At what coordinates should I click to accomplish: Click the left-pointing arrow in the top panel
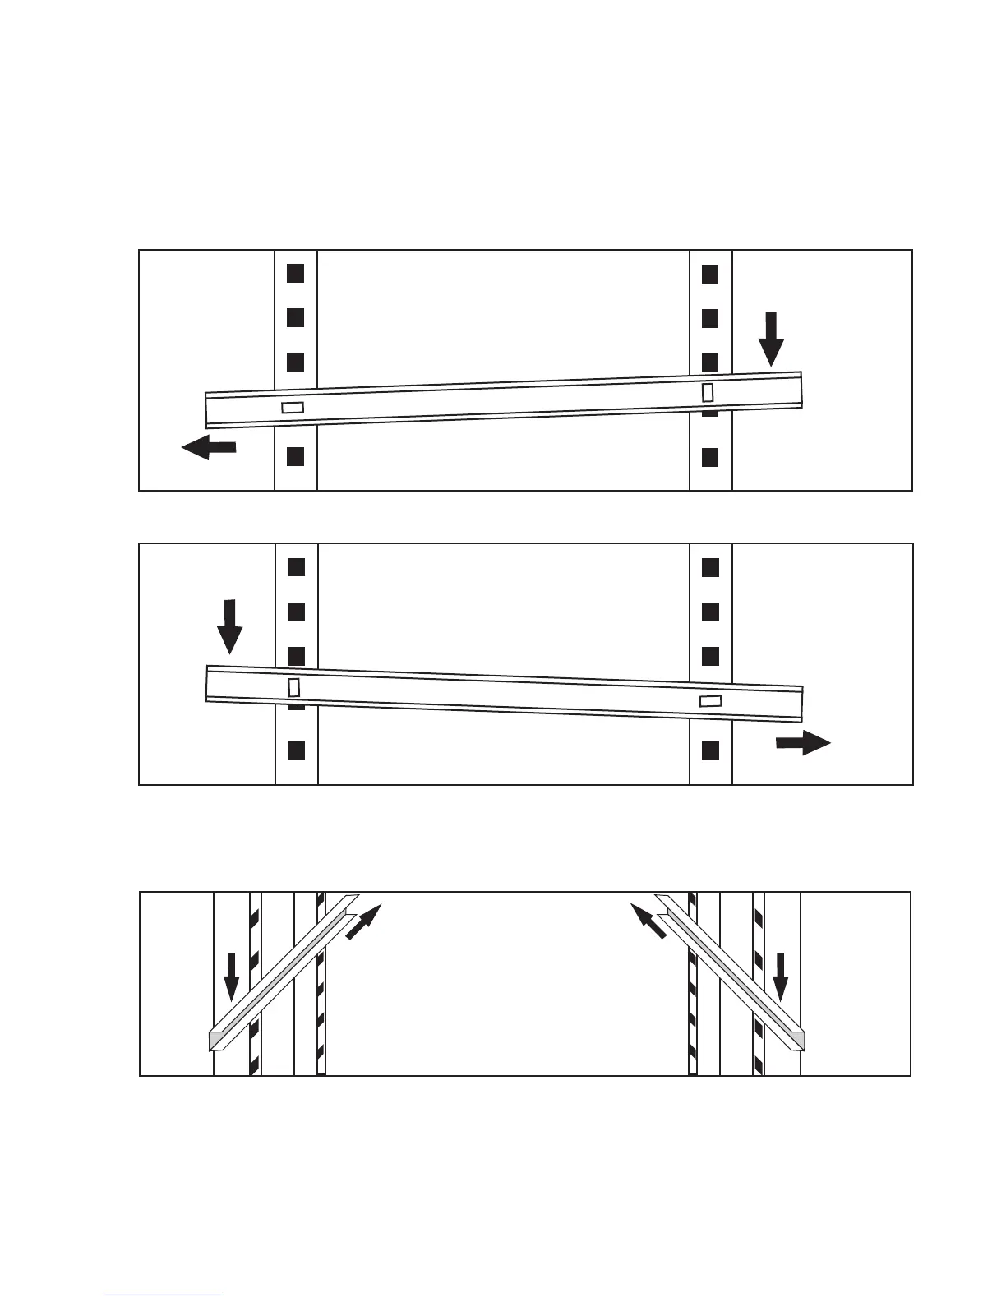tap(209, 447)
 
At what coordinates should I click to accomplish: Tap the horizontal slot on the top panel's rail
tap(293, 407)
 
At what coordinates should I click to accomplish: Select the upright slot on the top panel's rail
tap(708, 393)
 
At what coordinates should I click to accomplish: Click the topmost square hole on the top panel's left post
tap(296, 271)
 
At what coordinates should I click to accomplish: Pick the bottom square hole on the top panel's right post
tap(710, 457)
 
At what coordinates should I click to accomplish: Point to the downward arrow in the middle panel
tap(229, 626)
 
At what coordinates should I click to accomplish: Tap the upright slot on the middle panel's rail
tap(293, 686)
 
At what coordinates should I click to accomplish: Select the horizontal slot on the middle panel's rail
tap(710, 701)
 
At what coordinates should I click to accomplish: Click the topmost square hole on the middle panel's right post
tap(711, 567)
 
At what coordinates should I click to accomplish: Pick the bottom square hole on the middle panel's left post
tap(297, 750)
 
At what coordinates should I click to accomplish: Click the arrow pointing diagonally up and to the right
tap(364, 921)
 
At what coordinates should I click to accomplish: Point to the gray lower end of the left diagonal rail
tap(216, 1041)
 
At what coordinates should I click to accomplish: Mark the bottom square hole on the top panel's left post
tap(296, 457)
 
